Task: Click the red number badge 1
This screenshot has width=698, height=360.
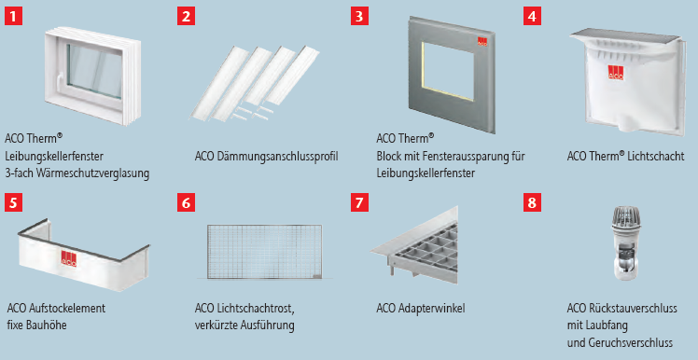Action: [13, 16]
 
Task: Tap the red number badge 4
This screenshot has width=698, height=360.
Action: [532, 16]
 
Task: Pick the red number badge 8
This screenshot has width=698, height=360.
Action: [532, 201]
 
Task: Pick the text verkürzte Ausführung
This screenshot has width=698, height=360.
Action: [244, 325]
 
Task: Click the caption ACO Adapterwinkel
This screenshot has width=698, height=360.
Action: [421, 309]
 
